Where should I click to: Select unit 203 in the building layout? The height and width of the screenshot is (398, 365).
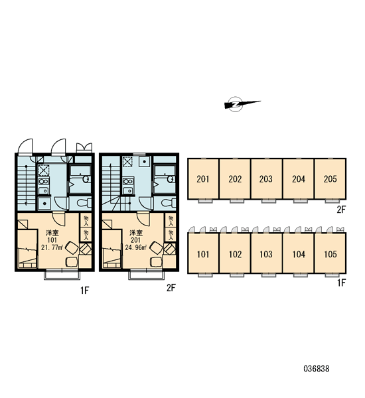266,179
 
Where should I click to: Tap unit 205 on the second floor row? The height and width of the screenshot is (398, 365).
330,179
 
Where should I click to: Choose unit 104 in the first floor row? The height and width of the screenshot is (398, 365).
298,253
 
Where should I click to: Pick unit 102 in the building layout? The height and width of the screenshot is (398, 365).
235,253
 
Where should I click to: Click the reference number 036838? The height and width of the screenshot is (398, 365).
317,369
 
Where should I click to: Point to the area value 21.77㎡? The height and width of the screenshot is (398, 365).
52,247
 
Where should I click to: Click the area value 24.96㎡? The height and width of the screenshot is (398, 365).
136,247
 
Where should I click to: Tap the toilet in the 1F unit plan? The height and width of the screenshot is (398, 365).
84,203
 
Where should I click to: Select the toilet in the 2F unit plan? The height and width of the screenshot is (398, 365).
169,203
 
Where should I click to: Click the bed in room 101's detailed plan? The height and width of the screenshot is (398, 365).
27,249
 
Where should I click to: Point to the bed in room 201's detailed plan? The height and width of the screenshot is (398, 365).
111,249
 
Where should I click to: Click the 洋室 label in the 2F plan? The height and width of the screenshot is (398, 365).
136,233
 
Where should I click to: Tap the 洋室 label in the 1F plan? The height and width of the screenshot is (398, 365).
52,233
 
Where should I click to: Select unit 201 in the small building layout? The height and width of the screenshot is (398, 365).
203,179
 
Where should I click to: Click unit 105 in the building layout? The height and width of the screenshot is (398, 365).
330,253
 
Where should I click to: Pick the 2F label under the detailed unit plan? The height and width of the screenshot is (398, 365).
171,288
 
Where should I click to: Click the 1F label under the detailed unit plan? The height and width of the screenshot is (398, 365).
85,290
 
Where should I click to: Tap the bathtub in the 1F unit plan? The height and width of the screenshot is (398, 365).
80,179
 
